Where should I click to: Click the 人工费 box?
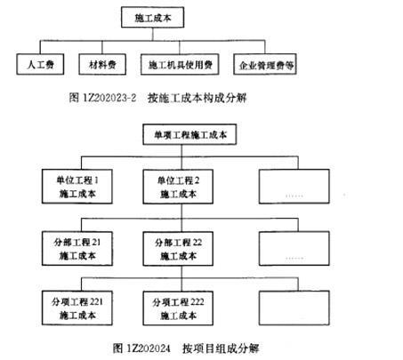tap(40, 64)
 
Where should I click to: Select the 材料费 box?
tap(102, 64)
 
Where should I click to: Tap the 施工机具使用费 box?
tap(180, 64)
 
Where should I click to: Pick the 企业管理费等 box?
tap(265, 64)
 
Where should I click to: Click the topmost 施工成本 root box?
tap(153, 18)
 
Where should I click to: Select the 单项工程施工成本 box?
tap(189, 134)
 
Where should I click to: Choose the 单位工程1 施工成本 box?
tap(77, 187)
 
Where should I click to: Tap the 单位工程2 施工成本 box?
tap(178, 187)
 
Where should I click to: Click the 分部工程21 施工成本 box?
tap(77, 248)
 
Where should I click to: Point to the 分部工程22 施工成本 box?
tap(178, 249)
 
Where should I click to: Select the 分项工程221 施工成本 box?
tap(77, 308)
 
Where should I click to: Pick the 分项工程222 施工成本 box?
tap(178, 308)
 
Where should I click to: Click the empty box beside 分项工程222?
tap(294, 308)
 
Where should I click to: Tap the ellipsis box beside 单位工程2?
tap(294, 187)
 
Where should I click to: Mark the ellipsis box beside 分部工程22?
tap(294, 248)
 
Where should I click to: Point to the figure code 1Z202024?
tap(149, 348)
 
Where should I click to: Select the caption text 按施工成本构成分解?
tap(197, 98)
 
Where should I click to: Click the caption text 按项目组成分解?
tap(221, 348)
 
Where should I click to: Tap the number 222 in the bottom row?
tap(197, 302)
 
